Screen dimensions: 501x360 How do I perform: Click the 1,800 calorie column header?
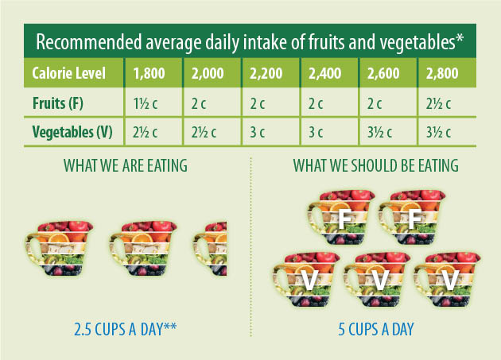149,73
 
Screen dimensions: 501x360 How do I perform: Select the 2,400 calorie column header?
324,73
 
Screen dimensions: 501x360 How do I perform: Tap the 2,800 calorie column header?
442,73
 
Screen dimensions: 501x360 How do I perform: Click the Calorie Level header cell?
68,73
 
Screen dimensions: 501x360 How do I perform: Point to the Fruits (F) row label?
58,103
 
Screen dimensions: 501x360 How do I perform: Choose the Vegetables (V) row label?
72,132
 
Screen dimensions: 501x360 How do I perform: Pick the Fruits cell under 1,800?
145,104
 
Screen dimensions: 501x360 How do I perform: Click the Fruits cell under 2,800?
438,104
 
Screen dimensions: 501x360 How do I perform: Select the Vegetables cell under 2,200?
257,132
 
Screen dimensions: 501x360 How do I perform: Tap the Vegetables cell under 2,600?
379,132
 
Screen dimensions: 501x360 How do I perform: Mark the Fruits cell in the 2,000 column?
199,104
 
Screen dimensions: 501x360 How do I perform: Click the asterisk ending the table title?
460,38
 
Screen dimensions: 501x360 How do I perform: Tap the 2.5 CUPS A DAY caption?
126,329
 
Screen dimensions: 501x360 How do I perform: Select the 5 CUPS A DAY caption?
375,329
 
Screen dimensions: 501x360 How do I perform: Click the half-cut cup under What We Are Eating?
210,249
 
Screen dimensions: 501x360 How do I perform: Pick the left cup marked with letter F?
340,217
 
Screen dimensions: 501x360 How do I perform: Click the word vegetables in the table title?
417,42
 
